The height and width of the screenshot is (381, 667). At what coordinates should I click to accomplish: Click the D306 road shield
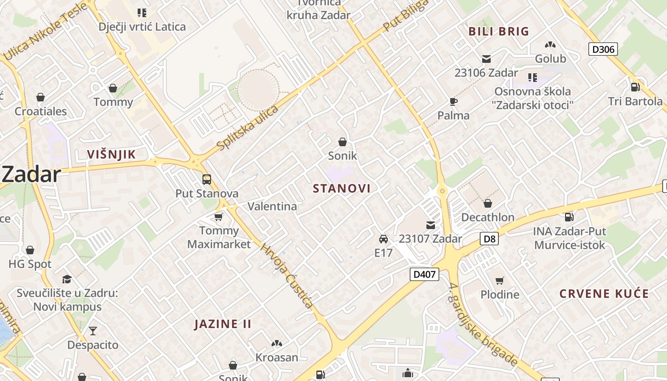pos(603,49)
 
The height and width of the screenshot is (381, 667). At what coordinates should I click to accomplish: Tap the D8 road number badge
pos(489,239)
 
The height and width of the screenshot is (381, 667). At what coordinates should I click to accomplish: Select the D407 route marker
pos(424,274)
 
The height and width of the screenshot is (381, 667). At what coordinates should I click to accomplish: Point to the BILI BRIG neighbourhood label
pos(499,32)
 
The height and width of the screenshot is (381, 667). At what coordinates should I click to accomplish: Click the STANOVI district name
pos(342,189)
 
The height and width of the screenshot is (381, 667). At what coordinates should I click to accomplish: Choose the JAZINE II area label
pos(222,324)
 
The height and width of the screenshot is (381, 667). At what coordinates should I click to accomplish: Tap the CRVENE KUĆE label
pos(604,293)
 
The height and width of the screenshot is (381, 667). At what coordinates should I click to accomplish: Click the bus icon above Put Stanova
pos(207,180)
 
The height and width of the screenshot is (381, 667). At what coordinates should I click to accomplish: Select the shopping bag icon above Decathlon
pos(487,203)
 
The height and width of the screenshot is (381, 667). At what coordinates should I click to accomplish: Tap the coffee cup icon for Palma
pos(453,101)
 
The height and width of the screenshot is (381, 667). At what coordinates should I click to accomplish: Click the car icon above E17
pos(383,239)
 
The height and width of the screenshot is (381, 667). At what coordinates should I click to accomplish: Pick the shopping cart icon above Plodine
pos(499,281)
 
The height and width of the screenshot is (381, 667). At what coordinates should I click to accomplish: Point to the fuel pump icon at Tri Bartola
pos(635,87)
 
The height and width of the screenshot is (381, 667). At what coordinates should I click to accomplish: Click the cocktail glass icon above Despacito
pos(93,331)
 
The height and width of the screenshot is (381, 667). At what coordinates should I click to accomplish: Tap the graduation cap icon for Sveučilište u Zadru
pos(67,279)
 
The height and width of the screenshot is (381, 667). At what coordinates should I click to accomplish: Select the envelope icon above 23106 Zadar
pos(486,59)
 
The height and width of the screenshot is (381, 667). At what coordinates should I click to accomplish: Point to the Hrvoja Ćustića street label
pos(286,276)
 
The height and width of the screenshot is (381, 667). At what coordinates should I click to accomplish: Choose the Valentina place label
pos(272,206)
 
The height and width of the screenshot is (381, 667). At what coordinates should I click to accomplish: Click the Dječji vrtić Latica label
pos(142,27)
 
